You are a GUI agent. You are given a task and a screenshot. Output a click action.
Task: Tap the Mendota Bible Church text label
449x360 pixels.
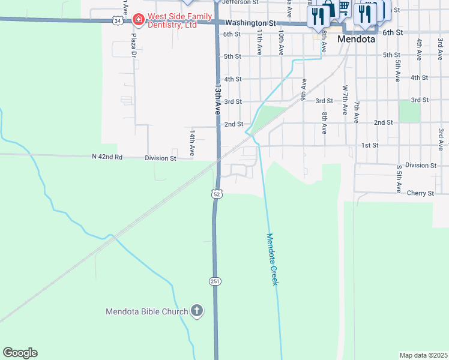click(x=146, y=311)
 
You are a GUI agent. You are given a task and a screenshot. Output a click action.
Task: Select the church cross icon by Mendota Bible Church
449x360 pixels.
click(x=196, y=311)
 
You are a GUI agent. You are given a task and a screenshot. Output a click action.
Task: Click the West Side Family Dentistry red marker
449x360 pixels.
click(x=139, y=20)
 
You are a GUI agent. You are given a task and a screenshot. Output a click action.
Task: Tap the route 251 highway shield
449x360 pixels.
click(x=215, y=281)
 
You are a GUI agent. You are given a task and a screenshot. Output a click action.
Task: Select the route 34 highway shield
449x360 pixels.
click(x=117, y=21)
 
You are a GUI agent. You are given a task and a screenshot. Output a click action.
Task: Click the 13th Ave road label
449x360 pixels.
click(x=217, y=99)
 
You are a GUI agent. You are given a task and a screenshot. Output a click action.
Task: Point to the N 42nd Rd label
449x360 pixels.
click(x=107, y=157)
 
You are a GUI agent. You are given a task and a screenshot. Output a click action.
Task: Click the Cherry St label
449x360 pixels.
click(x=420, y=193)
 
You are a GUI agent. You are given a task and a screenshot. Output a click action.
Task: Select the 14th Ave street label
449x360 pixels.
click(x=192, y=143)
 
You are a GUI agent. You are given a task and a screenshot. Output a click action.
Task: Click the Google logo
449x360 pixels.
click(x=20, y=353)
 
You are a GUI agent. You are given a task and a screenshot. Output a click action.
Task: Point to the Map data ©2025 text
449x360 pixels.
click(x=424, y=355)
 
